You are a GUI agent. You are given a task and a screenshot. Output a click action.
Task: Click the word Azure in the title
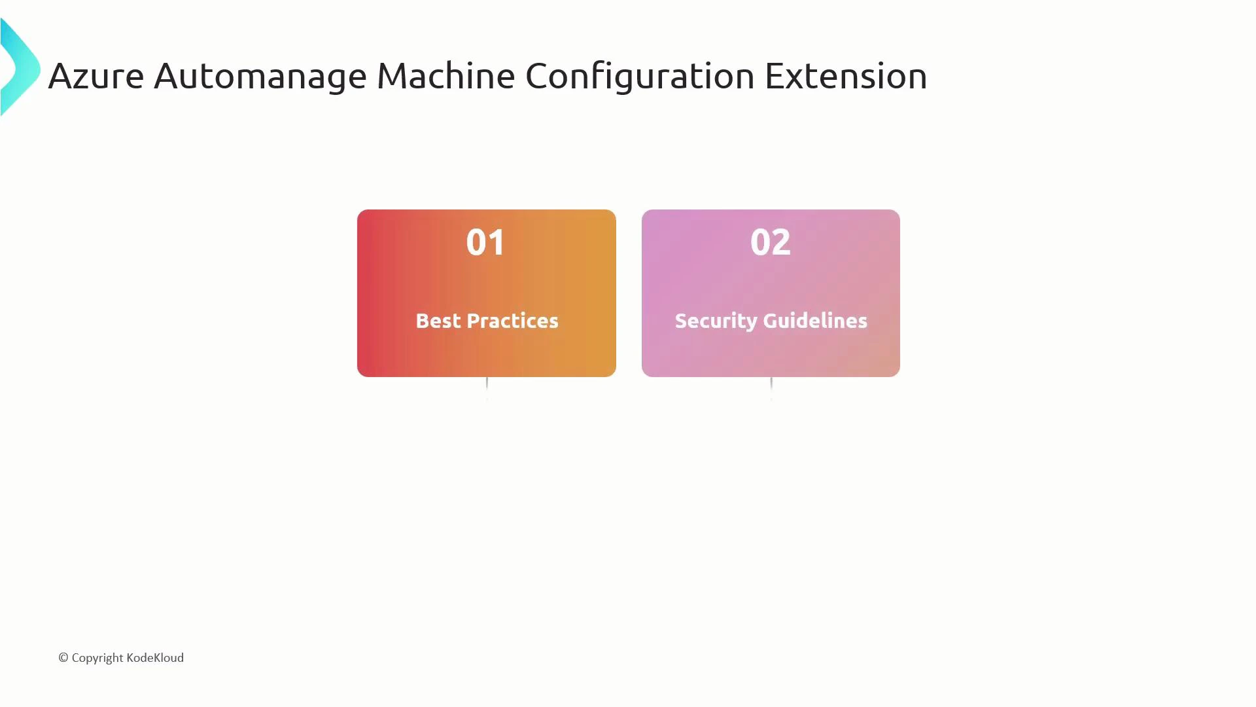pos(96,76)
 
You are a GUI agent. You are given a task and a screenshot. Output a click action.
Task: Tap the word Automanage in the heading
pos(260,76)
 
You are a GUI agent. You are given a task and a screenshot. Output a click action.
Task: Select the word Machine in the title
pos(445,76)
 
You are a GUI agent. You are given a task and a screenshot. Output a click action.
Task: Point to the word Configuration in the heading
pos(639,76)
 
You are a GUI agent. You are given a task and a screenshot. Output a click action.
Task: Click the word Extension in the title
pos(845,76)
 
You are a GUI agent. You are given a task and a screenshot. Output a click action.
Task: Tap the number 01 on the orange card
pos(485,242)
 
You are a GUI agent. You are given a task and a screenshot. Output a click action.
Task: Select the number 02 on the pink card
pos(770,242)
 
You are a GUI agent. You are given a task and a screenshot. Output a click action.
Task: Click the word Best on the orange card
pos(438,321)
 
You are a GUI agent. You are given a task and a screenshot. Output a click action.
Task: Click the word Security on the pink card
pos(716,321)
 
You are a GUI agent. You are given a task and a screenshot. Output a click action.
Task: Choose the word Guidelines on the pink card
pos(814,321)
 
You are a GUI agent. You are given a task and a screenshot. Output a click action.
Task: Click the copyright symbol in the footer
pos(63,658)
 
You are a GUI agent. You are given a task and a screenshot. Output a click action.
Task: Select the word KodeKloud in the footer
pos(155,658)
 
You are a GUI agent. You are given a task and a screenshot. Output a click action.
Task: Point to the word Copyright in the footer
pos(97,658)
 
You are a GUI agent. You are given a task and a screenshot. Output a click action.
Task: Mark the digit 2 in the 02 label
pos(781,242)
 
